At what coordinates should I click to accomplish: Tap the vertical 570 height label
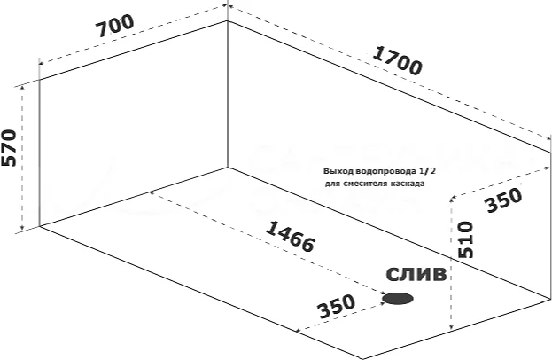[10, 149]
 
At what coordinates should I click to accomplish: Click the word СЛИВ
[416, 275]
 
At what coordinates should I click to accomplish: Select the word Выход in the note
[338, 171]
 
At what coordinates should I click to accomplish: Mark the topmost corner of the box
[229, 20]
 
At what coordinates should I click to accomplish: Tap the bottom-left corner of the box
[40, 227]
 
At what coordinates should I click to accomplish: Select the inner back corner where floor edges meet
[229, 167]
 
